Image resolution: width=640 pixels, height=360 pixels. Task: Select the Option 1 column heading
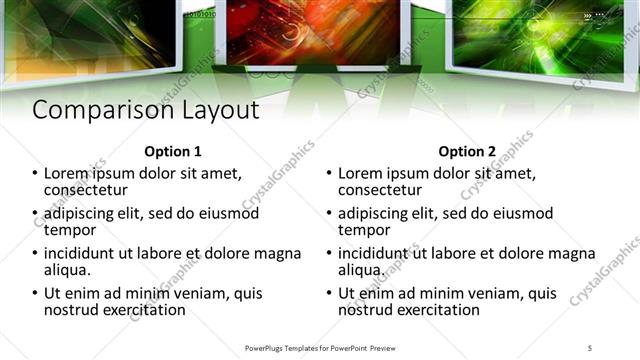tap(173, 152)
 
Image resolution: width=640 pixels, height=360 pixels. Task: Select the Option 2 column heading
tap(466, 152)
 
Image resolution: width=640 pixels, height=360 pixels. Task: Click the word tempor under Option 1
tap(69, 230)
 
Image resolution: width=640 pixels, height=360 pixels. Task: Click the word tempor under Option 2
tap(362, 230)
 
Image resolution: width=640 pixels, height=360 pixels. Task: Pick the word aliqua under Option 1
tap(67, 270)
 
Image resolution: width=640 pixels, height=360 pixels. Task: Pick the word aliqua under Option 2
tap(360, 270)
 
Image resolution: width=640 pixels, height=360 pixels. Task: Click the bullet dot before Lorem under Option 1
tap(37, 174)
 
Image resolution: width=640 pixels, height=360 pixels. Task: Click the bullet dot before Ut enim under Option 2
tap(330, 294)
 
